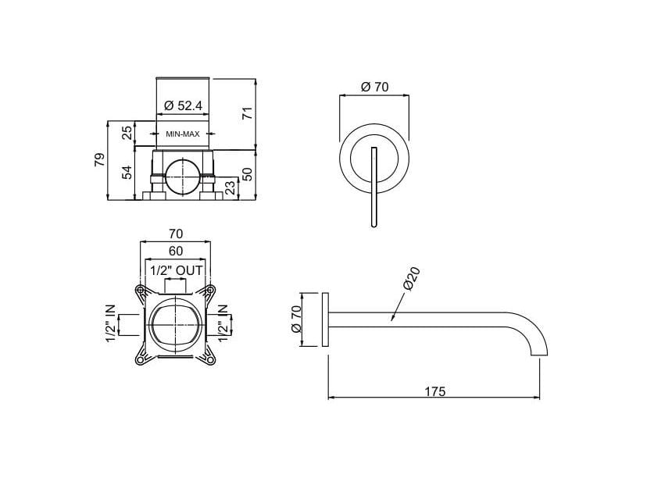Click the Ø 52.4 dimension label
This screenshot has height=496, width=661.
(x=184, y=105)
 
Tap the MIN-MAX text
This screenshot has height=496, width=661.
(x=184, y=134)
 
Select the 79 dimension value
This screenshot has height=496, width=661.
(x=98, y=160)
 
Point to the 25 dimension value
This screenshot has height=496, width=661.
(x=127, y=133)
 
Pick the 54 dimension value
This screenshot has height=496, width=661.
(x=127, y=173)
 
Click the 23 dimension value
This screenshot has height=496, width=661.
(x=229, y=187)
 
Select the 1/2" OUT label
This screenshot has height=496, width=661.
(x=176, y=270)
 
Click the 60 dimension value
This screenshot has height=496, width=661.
(x=176, y=251)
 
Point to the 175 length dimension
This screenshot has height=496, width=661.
(x=434, y=391)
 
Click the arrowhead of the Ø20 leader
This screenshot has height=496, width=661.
(x=390, y=319)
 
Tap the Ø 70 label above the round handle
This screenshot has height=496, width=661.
(x=374, y=87)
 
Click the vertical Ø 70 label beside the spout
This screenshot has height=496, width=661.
(x=297, y=319)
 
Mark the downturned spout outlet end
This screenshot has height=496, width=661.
(x=539, y=353)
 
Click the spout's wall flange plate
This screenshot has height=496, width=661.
(x=324, y=320)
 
